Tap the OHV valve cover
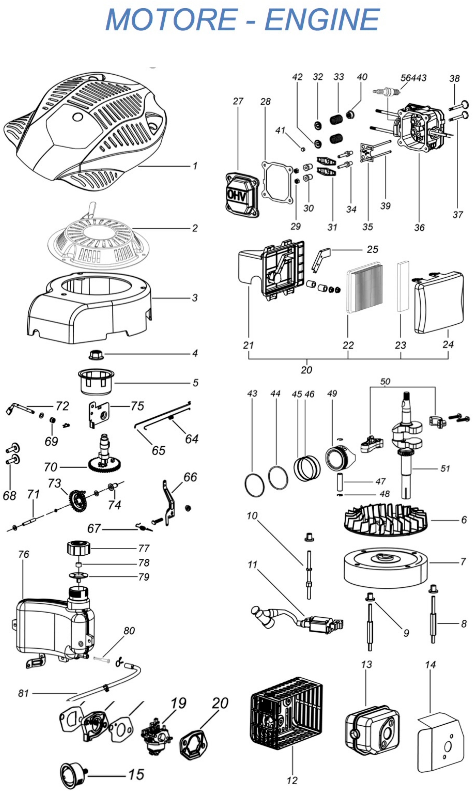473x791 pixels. coord(241,195)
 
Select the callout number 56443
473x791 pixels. coord(413,78)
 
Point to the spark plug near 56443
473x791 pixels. coord(386,92)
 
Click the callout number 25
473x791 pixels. coord(372,249)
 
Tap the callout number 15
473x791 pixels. coord(136,775)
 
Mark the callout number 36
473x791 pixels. coord(420,228)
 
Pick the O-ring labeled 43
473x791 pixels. coord(254,485)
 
